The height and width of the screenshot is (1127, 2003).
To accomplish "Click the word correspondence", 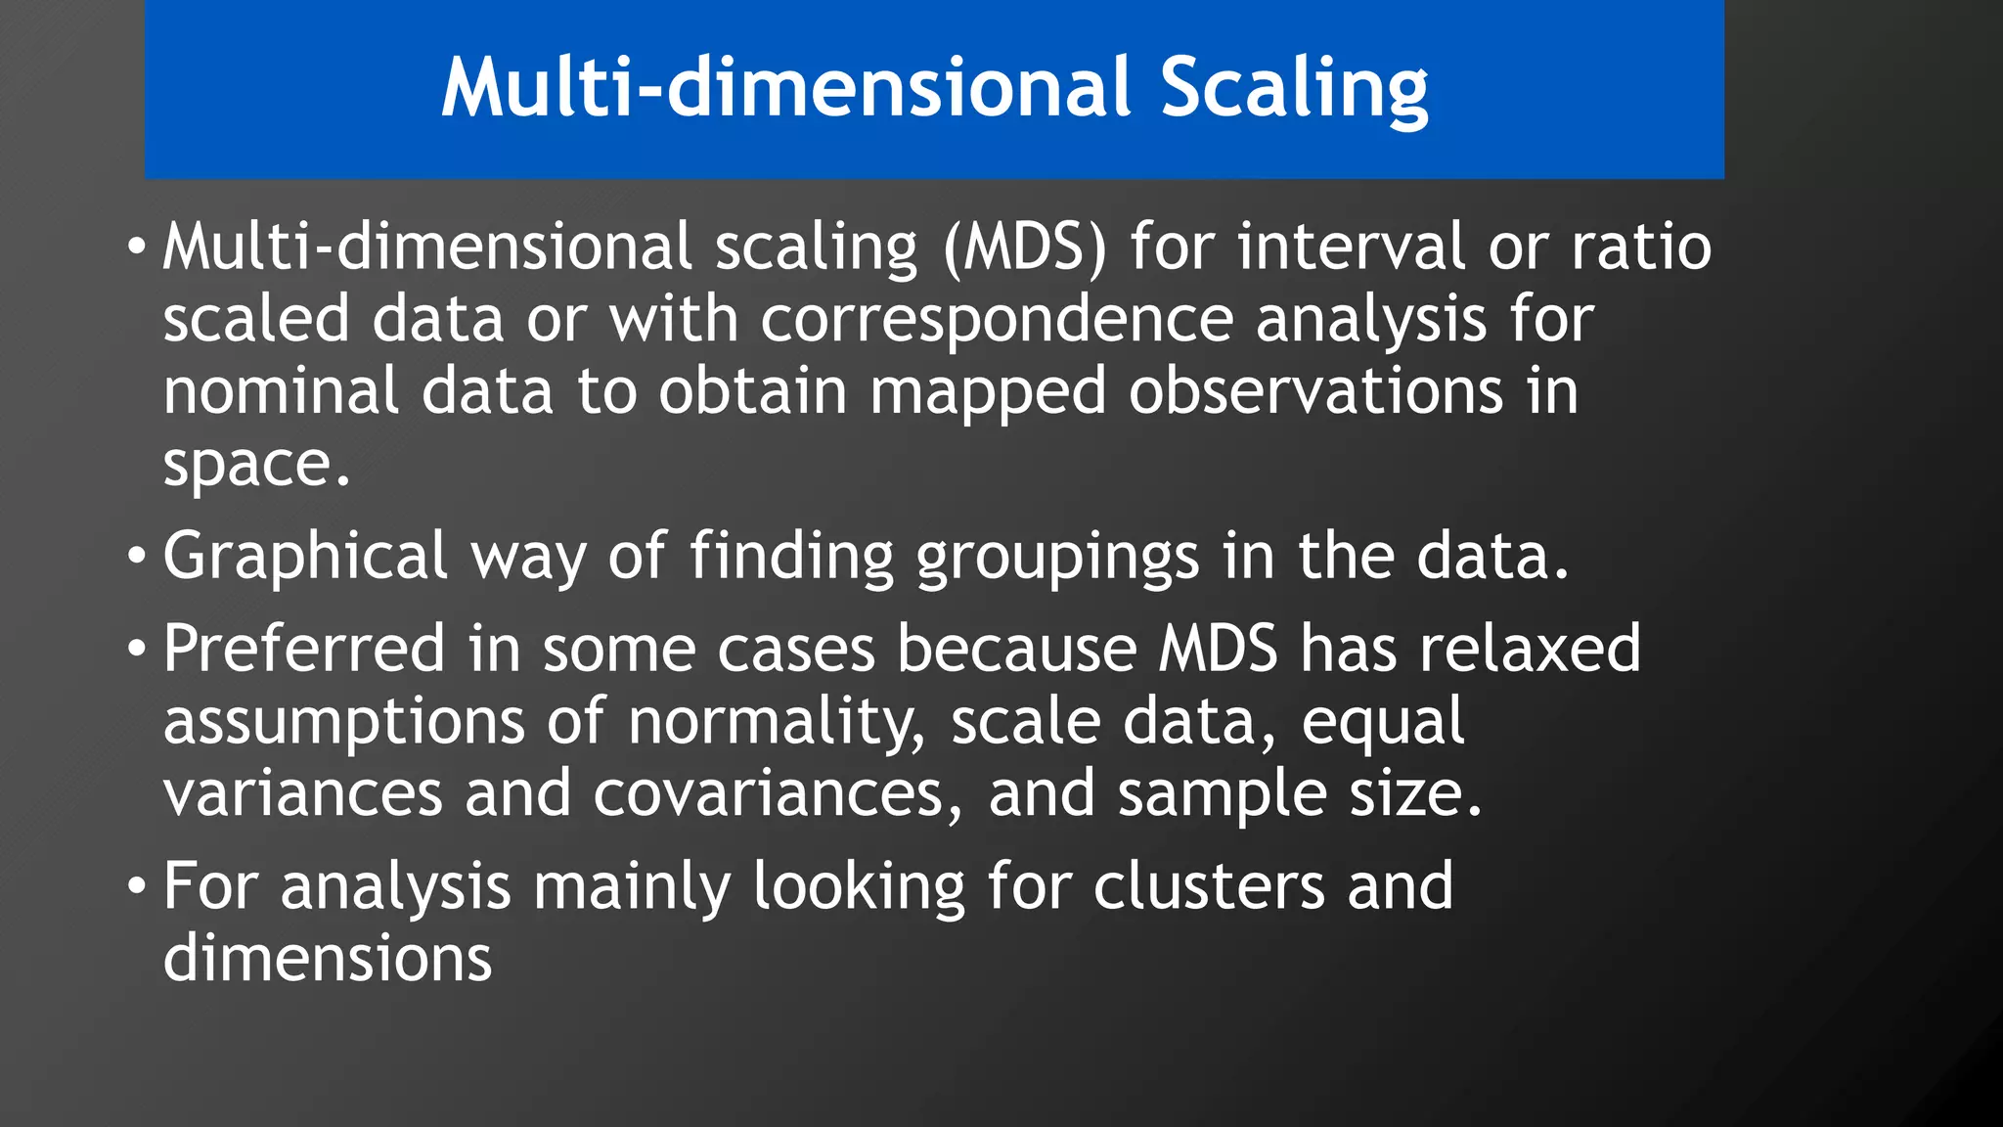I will pyautogui.click(x=996, y=320).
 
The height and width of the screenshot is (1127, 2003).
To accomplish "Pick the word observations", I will pyautogui.click(x=1315, y=390).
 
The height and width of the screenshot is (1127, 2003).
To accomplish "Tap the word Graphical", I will pyautogui.click(x=304, y=557).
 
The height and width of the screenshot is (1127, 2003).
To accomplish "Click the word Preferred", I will pyautogui.click(x=303, y=649).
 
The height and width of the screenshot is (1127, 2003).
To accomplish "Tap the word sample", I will pyautogui.click(x=1222, y=793).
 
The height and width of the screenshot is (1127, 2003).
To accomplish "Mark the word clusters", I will pyautogui.click(x=1209, y=885).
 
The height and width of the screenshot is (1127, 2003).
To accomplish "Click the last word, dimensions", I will pyautogui.click(x=328, y=958).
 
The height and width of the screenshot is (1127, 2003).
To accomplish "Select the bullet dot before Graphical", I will pyautogui.click(x=136, y=557).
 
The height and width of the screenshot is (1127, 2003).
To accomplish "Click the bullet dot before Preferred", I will pyautogui.click(x=136, y=649).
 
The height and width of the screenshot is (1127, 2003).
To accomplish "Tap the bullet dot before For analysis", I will pyautogui.click(x=136, y=886).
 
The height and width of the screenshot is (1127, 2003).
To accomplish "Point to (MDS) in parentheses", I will pyautogui.click(x=1024, y=247).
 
